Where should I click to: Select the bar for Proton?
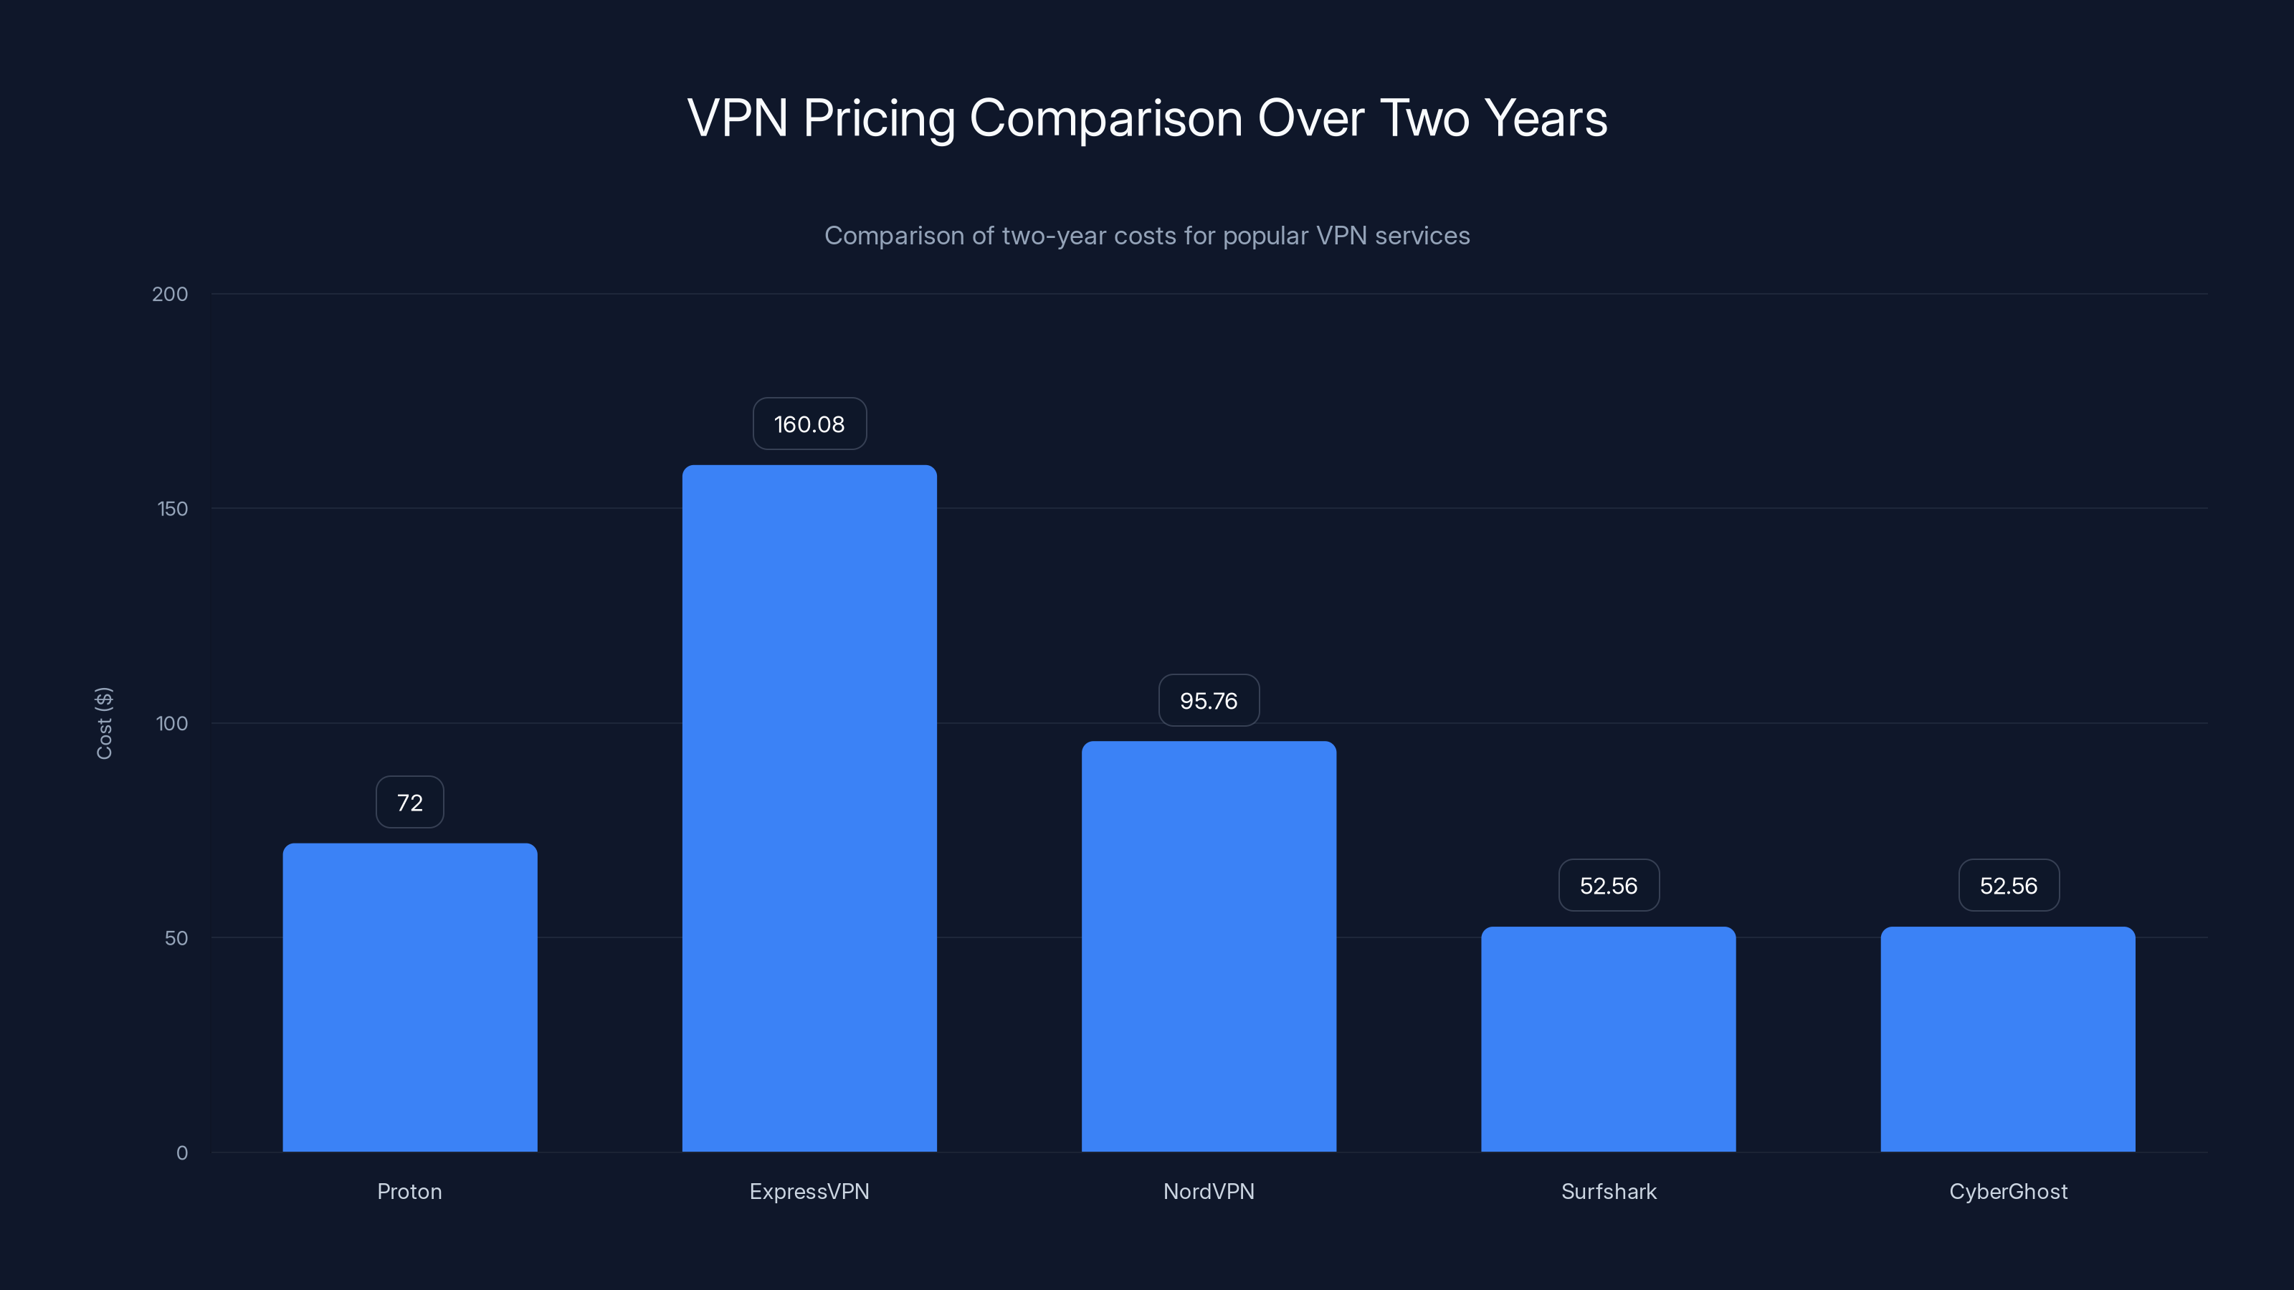(409, 997)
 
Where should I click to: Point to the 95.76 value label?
(1209, 701)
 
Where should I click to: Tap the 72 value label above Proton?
(409, 803)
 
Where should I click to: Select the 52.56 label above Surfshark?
(1608, 886)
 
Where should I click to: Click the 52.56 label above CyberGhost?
(2008, 886)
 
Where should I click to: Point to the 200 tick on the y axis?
(170, 295)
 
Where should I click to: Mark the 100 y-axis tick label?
(172, 724)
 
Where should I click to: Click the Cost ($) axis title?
(104, 723)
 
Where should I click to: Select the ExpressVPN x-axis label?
(809, 1192)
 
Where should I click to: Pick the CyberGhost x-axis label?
(2008, 1192)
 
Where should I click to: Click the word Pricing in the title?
(878, 119)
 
